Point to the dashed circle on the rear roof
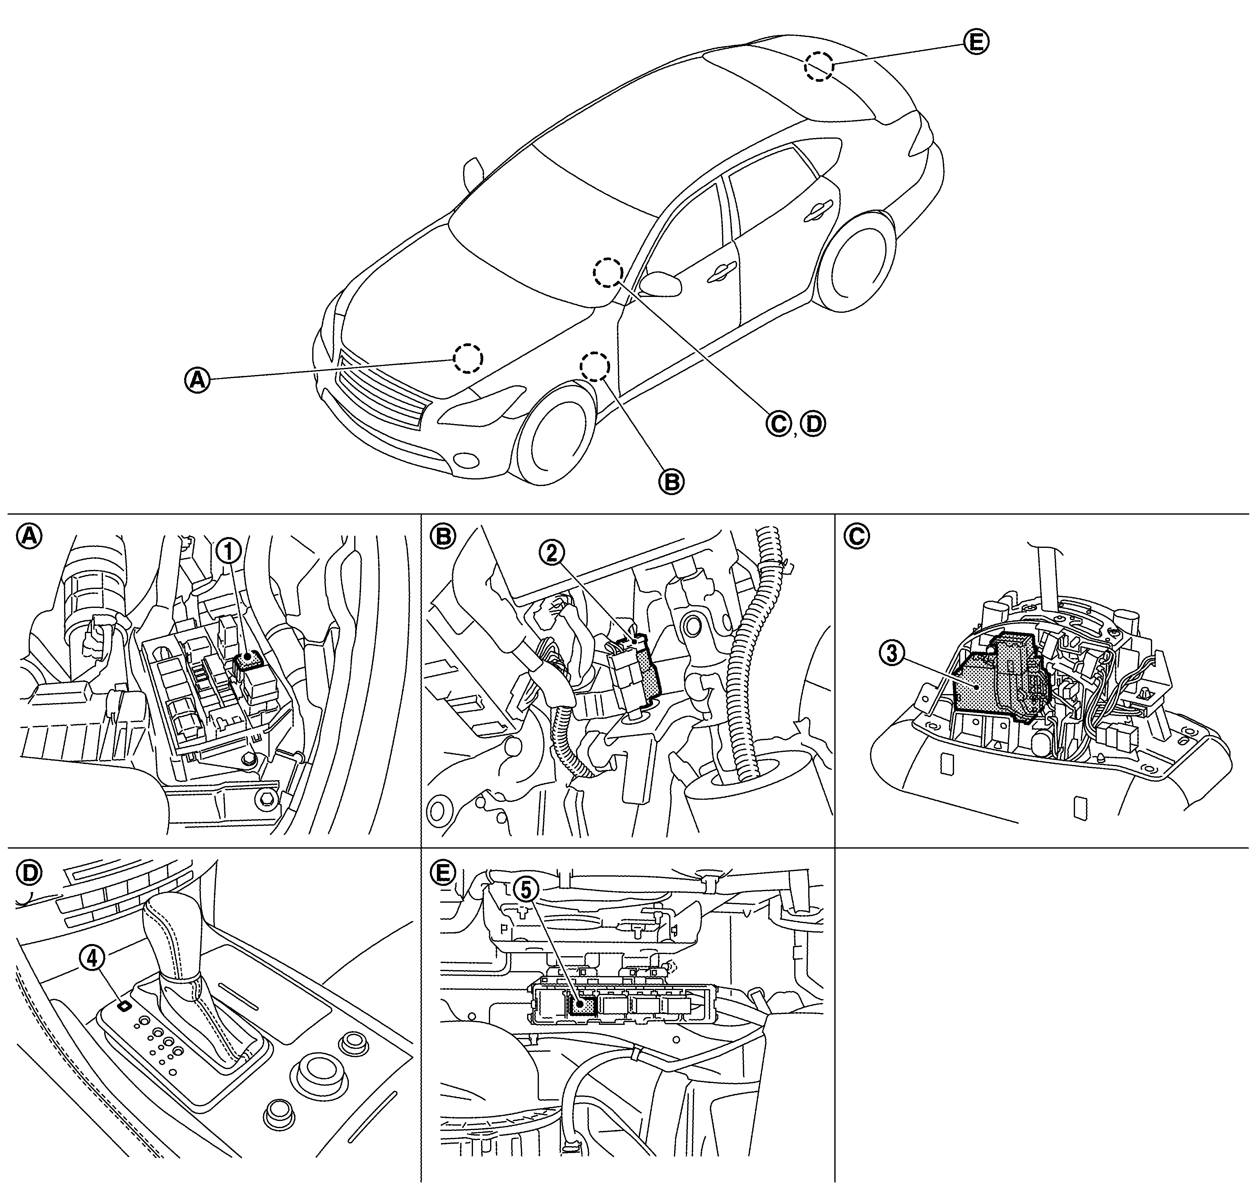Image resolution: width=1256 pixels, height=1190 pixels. coord(819,66)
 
